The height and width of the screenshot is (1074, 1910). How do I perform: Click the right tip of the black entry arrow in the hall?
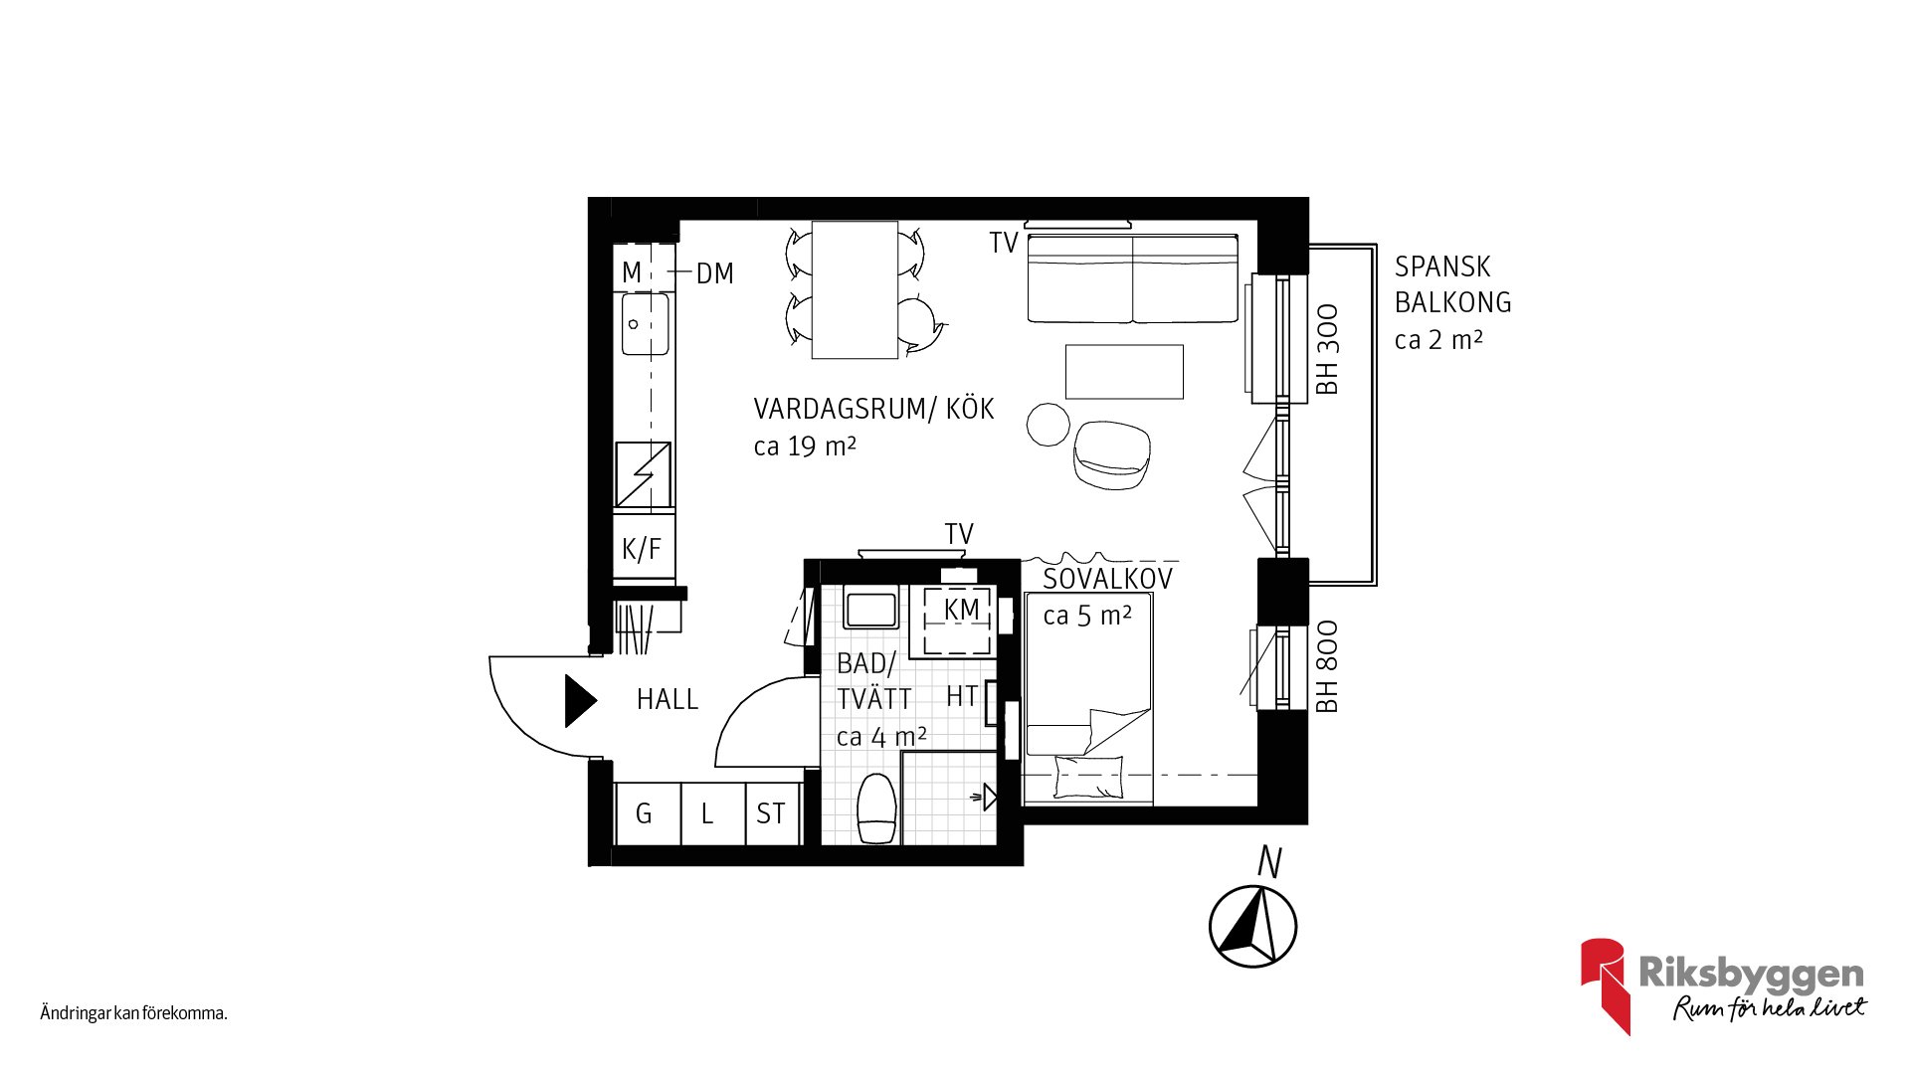(x=597, y=701)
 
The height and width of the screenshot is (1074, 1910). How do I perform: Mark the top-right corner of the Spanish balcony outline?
(x=1377, y=245)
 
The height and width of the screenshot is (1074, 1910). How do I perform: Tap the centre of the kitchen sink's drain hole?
(x=634, y=324)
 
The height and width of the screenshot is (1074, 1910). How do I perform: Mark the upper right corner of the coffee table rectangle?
(x=1183, y=345)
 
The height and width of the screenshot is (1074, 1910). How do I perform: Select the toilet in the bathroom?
(x=877, y=808)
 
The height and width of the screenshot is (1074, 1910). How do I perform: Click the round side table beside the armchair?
(x=1049, y=424)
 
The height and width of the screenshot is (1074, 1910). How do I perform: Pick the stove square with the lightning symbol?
(x=643, y=474)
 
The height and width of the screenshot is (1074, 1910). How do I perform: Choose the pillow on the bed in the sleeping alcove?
(x=1088, y=777)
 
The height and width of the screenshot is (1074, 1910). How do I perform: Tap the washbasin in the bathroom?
(x=870, y=608)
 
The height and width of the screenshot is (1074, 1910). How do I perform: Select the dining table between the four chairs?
(x=856, y=289)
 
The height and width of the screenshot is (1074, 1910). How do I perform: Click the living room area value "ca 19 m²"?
(x=805, y=447)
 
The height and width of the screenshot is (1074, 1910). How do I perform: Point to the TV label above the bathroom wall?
(x=959, y=534)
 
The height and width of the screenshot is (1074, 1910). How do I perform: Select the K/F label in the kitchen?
(x=642, y=549)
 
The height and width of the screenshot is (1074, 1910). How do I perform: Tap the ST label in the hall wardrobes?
(x=771, y=813)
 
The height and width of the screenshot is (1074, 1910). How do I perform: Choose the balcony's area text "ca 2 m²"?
(x=1438, y=340)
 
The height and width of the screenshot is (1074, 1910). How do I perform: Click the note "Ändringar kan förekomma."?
(x=134, y=1013)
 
